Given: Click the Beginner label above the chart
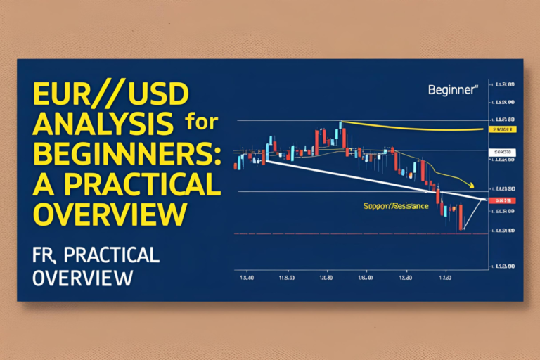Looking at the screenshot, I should pyautogui.click(x=453, y=90).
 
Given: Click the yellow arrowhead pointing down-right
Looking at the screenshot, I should pyautogui.click(x=470, y=186).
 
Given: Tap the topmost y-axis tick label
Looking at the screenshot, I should pyautogui.click(x=503, y=84).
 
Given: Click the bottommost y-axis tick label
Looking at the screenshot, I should pyautogui.click(x=503, y=266).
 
